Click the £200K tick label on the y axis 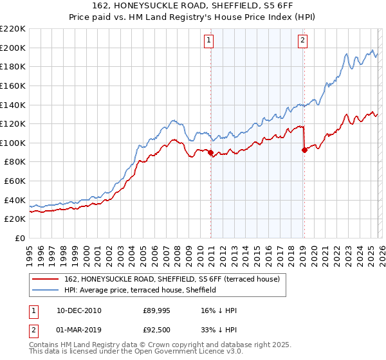[x=13, y=48]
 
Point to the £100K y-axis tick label [x=13, y=143]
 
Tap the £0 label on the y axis [x=20, y=238]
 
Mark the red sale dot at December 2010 [x=210, y=152]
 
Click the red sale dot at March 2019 [x=304, y=150]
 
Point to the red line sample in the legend [x=46, y=280]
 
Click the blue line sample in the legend [x=46, y=291]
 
